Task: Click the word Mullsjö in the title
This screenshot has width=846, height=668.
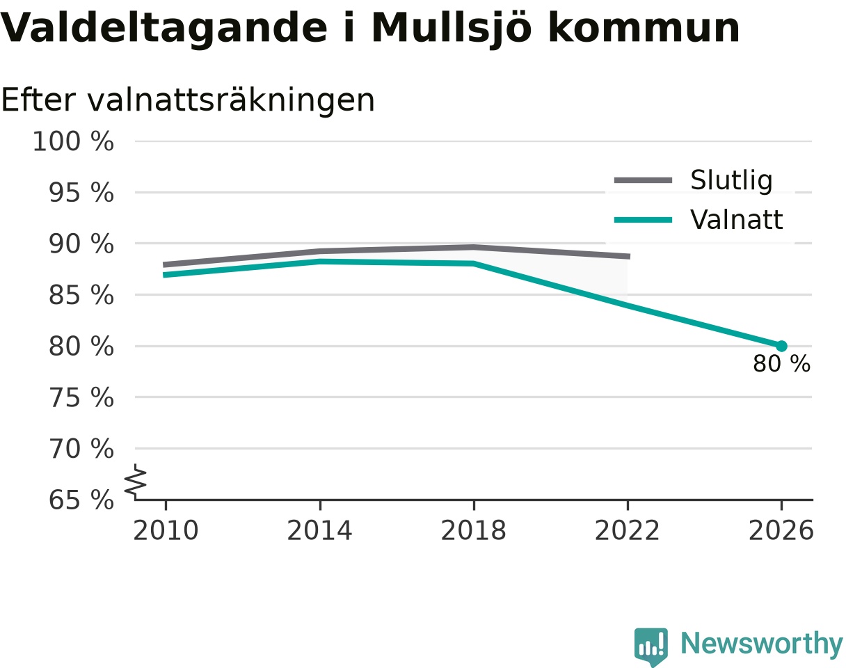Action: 452,29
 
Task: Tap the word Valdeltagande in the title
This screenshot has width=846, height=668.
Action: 163,29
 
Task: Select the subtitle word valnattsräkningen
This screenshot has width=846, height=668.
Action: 231,101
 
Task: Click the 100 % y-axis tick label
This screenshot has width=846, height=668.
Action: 73,141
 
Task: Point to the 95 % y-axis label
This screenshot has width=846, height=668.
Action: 81,193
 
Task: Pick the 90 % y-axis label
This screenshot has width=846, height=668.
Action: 81,244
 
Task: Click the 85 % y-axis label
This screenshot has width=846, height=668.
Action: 81,295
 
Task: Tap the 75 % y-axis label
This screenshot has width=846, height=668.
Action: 81,398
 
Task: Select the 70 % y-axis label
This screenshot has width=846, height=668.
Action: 81,449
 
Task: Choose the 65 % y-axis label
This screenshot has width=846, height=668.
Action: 81,500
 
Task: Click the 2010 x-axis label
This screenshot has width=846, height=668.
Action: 166,531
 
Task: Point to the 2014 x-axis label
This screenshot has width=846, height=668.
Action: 319,531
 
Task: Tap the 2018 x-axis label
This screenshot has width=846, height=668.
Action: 473,531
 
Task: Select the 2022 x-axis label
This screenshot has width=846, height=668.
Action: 627,531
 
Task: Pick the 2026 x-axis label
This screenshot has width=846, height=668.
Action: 781,531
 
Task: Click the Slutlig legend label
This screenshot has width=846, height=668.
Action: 732,180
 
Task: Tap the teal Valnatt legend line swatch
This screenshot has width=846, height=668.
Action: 643,220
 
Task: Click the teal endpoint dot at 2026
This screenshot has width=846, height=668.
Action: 781,346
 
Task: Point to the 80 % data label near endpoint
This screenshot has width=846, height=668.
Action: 781,364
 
